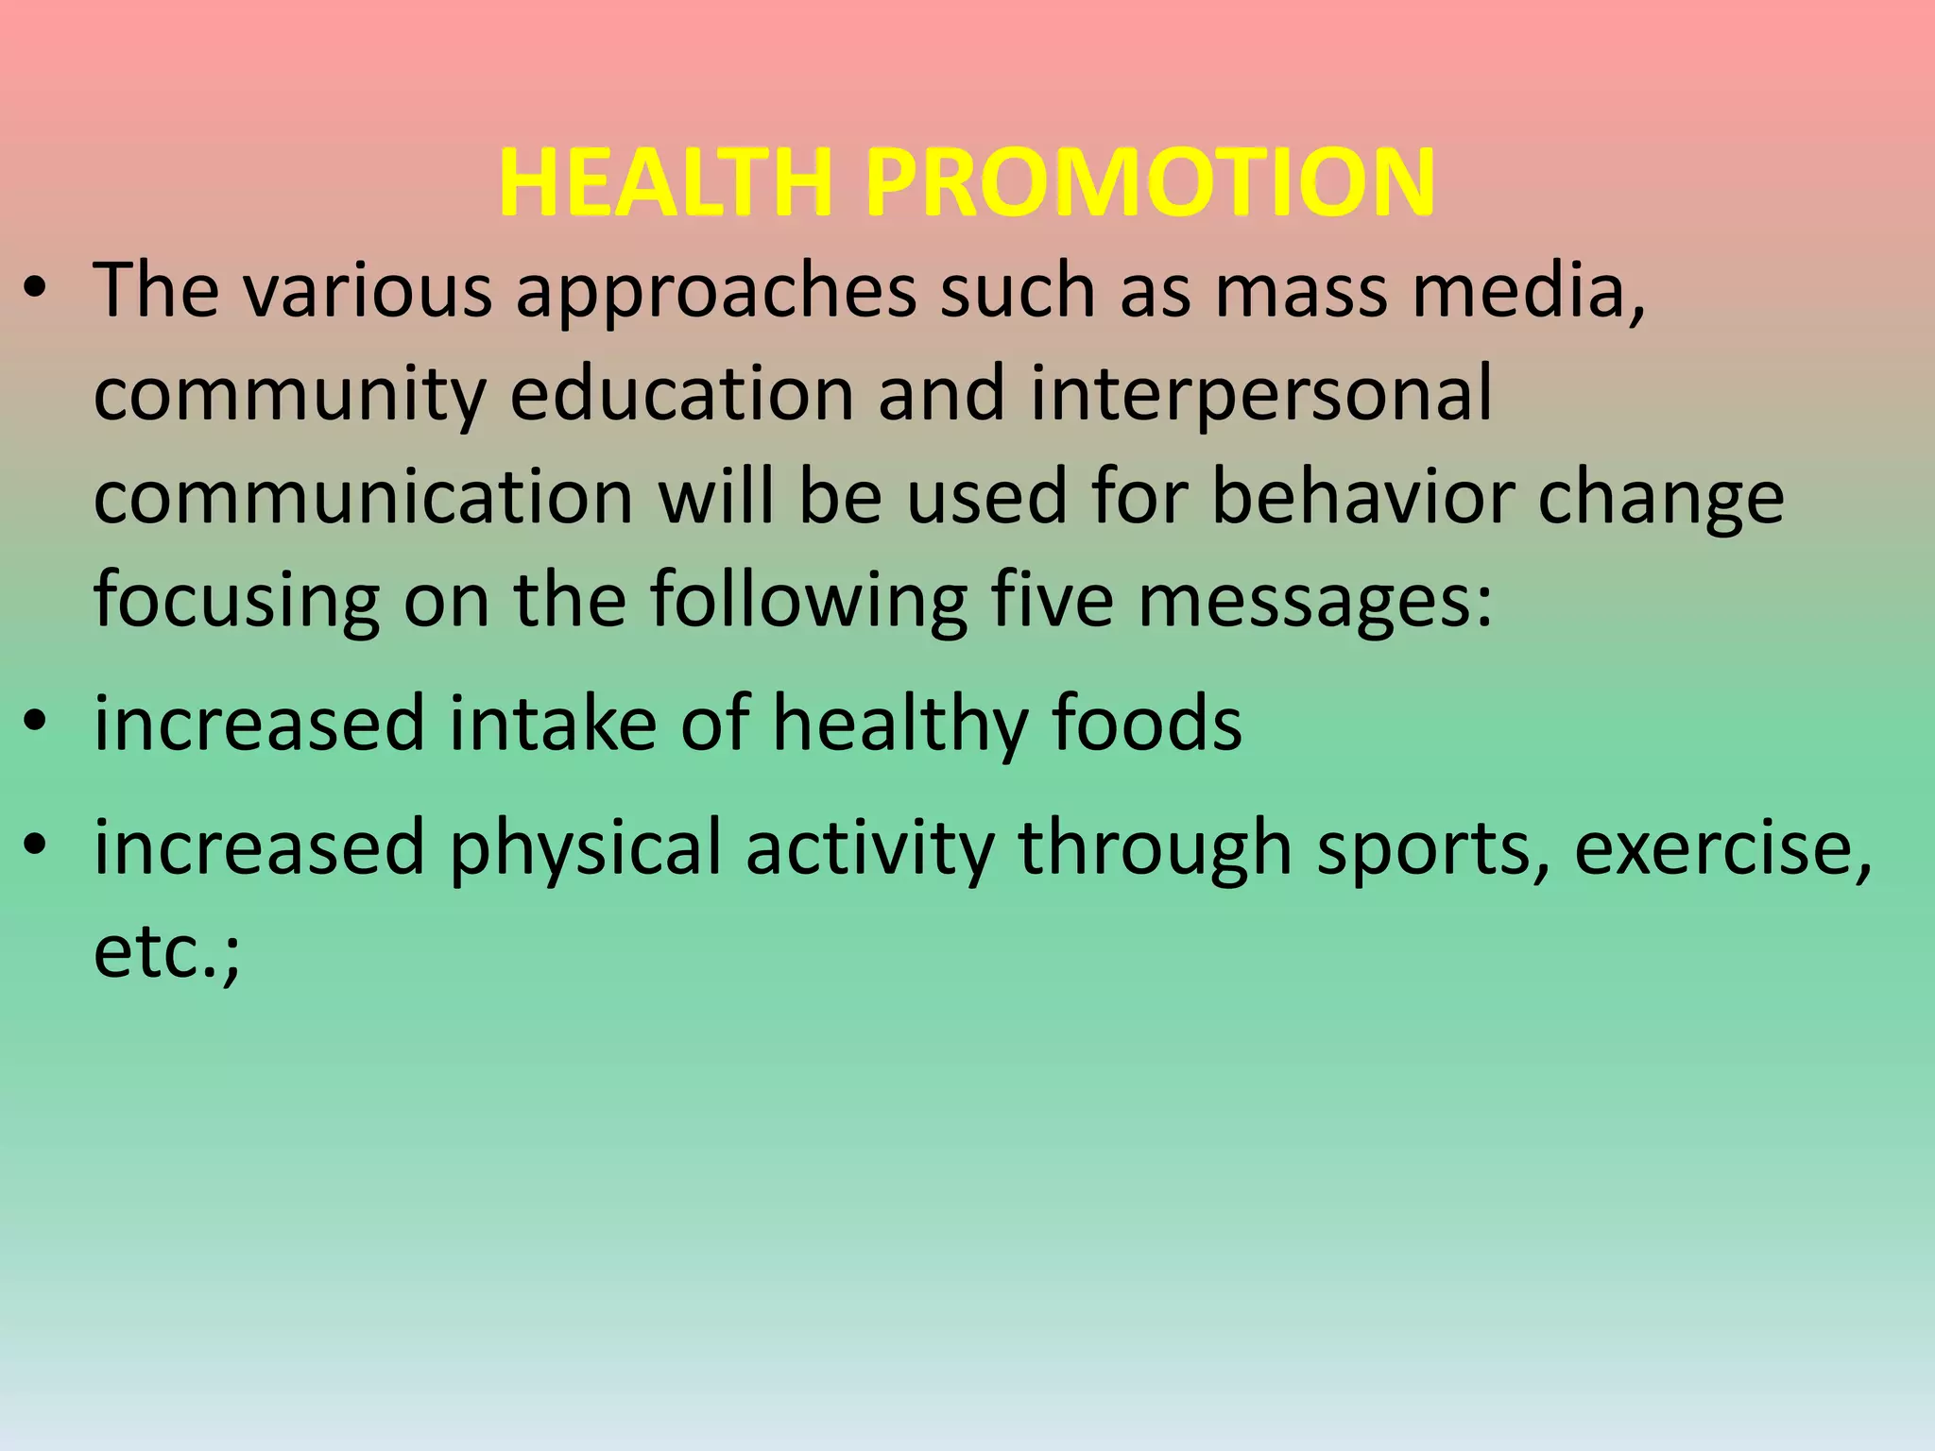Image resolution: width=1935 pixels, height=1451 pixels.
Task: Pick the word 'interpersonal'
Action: [1260, 395]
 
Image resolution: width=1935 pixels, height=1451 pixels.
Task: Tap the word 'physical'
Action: [586, 849]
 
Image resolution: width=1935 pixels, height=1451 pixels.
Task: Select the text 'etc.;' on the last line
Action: [167, 952]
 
